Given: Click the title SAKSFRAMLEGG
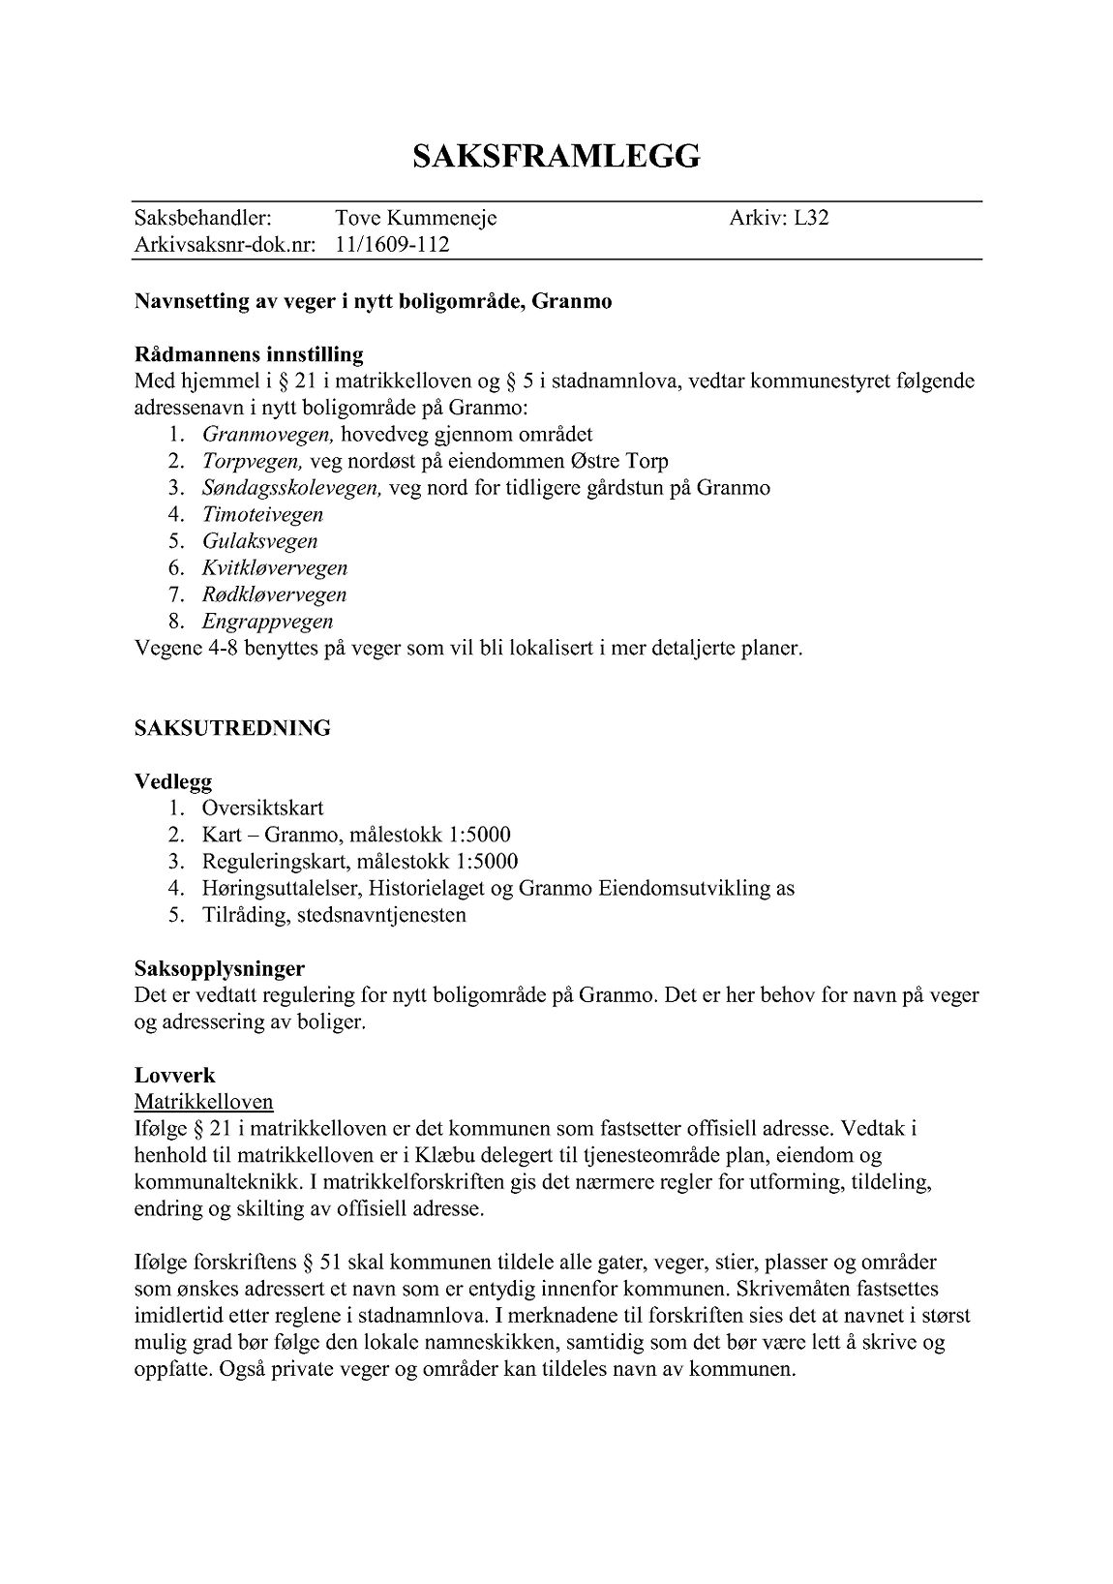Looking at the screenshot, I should coord(556,157).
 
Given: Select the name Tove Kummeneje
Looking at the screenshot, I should coord(415,218).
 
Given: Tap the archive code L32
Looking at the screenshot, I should coord(811,218).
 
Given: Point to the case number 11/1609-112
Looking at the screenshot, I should coord(392,245).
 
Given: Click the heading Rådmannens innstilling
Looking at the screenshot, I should coord(249,354).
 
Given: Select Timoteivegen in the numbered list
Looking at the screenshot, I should coord(262,515).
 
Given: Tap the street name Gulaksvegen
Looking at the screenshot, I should coord(259,541).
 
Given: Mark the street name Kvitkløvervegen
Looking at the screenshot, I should coord(274,568).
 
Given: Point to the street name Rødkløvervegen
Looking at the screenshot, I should coord(274,594).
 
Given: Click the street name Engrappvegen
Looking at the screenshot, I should coord(267,622).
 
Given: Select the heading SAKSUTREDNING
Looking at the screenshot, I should coord(232,728).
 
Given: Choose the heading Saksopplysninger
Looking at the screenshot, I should coord(220,968).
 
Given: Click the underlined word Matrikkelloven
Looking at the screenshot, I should coord(203,1102).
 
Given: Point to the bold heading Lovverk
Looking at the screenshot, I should coord(174,1076).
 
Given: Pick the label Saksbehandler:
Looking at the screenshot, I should coord(202,218).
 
